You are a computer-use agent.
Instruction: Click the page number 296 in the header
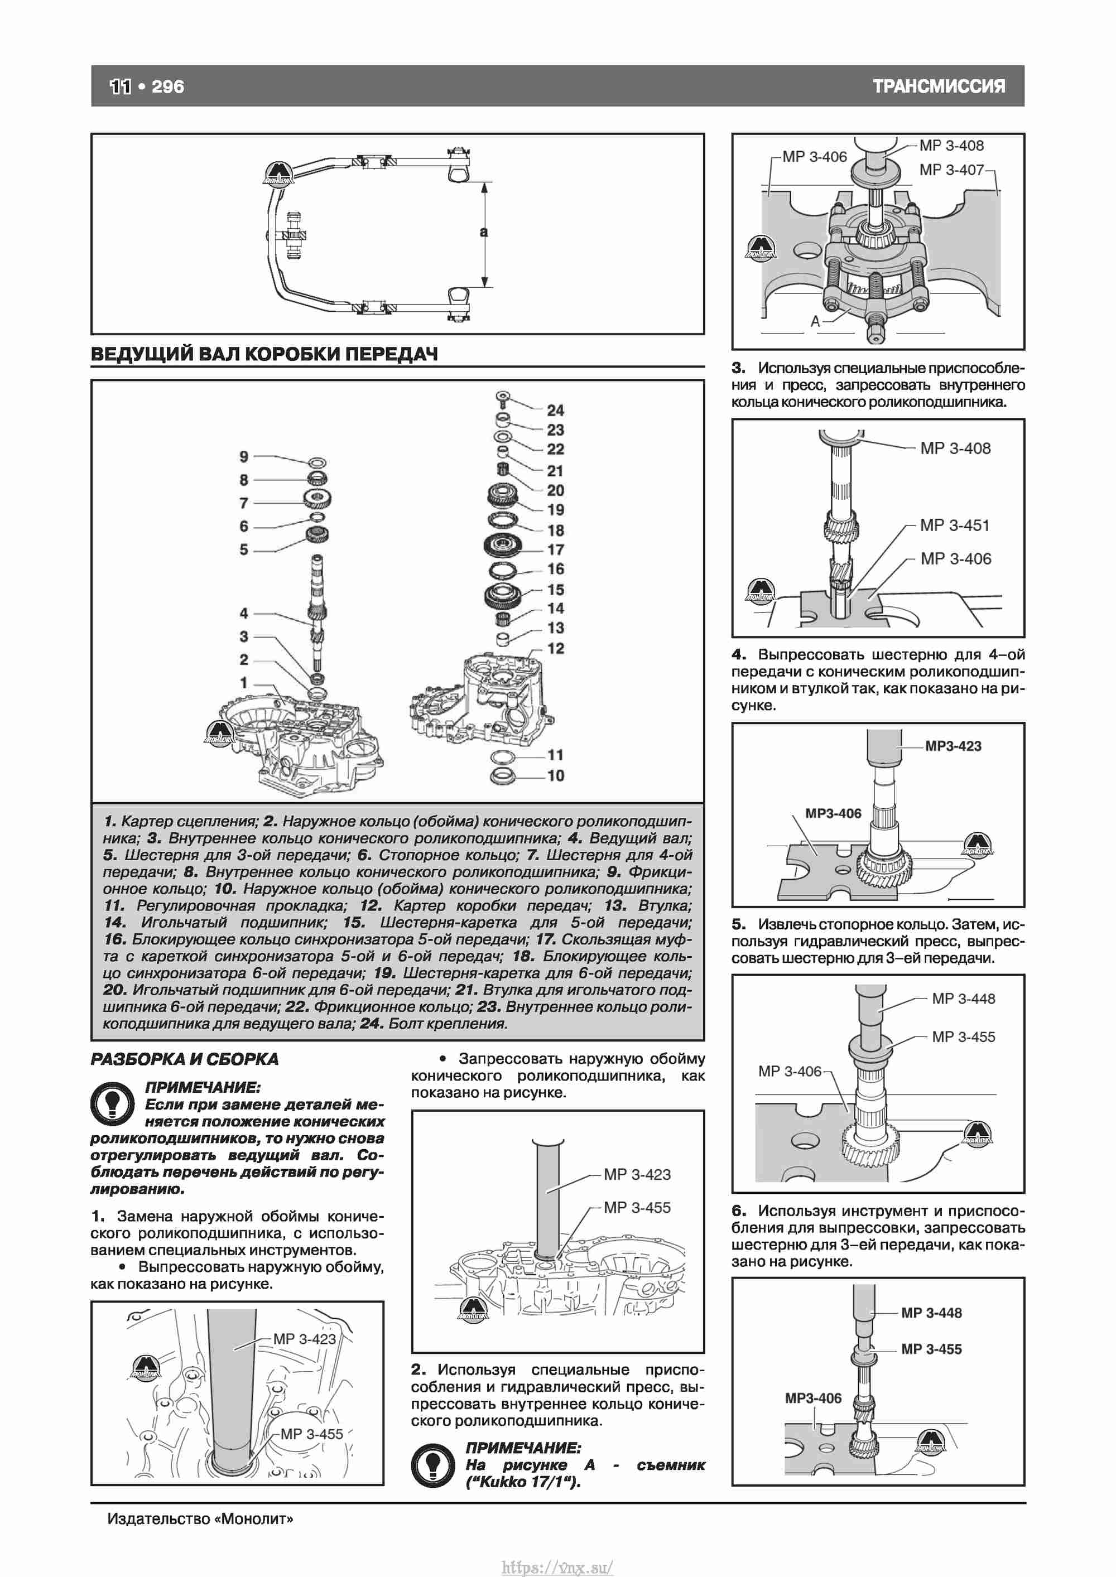[x=167, y=86]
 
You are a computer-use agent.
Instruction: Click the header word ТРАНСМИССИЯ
[x=939, y=86]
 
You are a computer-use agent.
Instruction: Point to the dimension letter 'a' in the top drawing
[x=484, y=232]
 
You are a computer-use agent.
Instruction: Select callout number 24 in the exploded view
[x=555, y=410]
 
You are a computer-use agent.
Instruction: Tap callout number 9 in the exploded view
[x=244, y=457]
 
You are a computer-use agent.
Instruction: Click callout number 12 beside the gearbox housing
[x=555, y=648]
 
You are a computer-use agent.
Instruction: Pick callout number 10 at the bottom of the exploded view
[x=555, y=775]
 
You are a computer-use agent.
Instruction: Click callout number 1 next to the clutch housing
[x=244, y=683]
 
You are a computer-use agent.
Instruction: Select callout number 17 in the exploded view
[x=555, y=549]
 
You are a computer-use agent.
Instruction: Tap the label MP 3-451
[x=955, y=525]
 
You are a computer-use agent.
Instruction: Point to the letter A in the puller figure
[x=816, y=321]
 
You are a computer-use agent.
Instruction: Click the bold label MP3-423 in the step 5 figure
[x=953, y=746]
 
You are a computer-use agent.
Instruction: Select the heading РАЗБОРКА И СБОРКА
[x=185, y=1059]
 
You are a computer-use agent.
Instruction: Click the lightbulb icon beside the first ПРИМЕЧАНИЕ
[x=112, y=1103]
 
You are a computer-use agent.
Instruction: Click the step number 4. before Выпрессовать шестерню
[x=739, y=654]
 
